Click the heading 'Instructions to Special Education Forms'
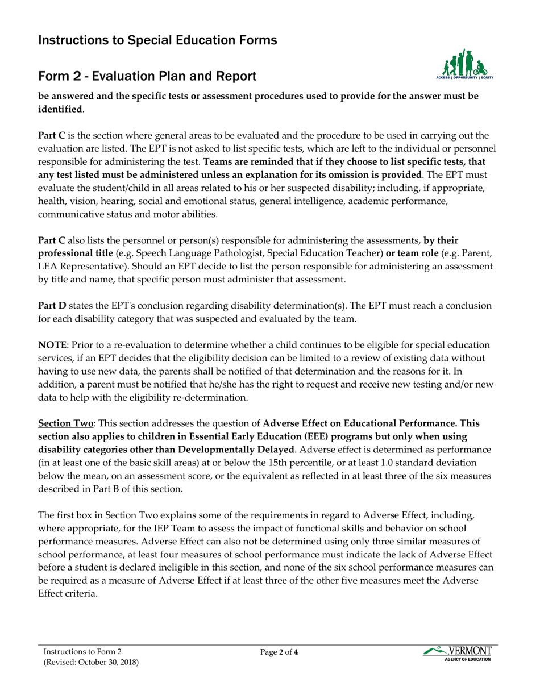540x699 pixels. coord(157,40)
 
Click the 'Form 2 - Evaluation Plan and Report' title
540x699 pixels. coord(147,76)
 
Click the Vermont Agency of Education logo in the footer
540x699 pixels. coord(458,654)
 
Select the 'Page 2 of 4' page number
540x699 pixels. coord(279,652)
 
